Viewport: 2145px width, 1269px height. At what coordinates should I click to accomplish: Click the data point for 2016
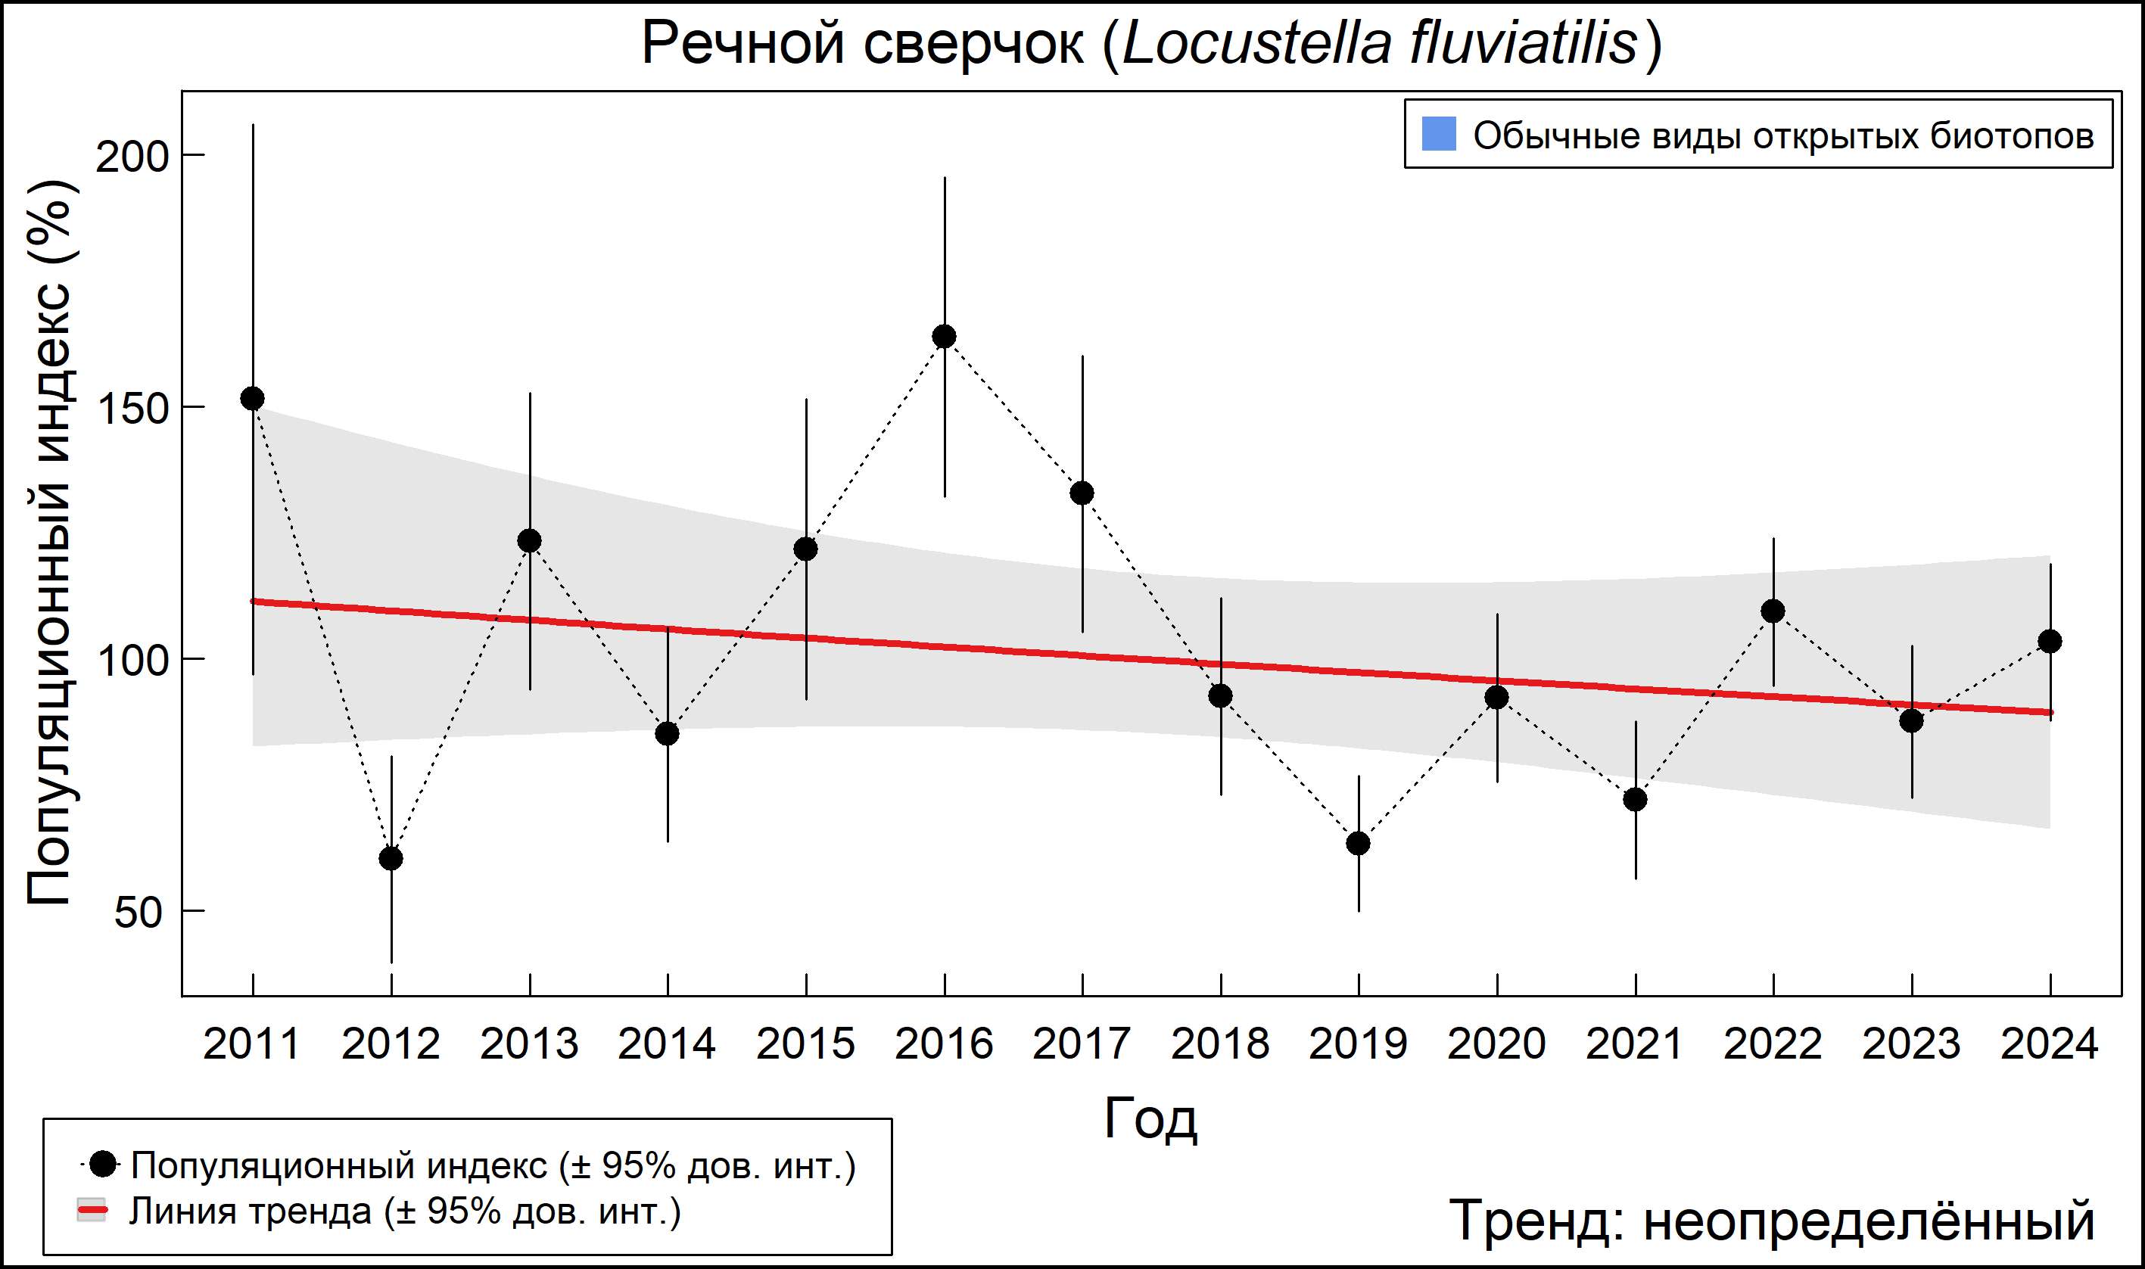945,337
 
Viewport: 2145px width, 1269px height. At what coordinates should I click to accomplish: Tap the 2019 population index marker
1358,844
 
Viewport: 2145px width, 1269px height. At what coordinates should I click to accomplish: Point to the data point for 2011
252,399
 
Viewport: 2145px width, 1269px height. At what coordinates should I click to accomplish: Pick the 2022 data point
1773,611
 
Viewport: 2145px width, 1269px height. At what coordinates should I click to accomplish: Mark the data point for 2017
1082,493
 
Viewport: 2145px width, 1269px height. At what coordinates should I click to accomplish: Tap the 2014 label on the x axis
666,1044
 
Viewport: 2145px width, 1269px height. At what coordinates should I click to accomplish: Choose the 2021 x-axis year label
1634,1044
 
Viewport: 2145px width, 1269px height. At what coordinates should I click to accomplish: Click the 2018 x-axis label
1219,1044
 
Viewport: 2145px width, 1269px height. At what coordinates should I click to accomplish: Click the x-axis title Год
1150,1118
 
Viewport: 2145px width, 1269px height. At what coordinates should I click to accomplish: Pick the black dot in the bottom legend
104,1164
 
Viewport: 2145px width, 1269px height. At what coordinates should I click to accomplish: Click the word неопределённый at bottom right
1869,1221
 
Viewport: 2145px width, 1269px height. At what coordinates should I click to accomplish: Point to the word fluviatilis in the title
1524,43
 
